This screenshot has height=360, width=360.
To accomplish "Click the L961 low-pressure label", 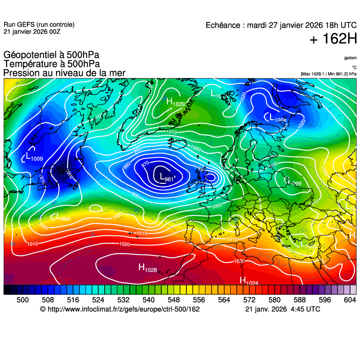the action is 164,177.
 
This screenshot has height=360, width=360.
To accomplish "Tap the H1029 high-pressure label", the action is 175,102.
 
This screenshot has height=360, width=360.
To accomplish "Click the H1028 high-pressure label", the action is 148,268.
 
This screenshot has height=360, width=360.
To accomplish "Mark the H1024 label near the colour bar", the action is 249,281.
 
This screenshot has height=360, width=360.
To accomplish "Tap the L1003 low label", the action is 308,245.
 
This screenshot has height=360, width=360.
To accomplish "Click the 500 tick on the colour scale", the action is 23,300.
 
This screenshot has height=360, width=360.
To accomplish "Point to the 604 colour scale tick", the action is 350,300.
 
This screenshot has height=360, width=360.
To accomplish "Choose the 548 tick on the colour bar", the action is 186,300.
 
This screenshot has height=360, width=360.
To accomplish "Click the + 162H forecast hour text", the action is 333,39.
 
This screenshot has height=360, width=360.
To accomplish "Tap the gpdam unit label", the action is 350,58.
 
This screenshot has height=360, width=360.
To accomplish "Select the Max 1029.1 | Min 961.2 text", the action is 328,74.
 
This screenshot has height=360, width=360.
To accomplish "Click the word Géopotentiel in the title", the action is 30,56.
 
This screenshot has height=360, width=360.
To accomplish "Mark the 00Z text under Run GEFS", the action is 53,31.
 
